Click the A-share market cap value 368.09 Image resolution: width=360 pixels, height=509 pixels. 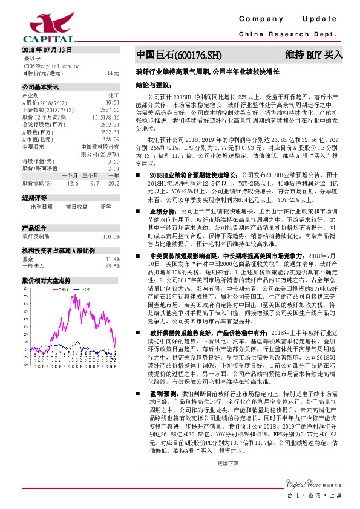110,139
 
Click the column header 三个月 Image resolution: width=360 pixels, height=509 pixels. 92,175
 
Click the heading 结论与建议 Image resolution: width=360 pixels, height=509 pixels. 153,85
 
